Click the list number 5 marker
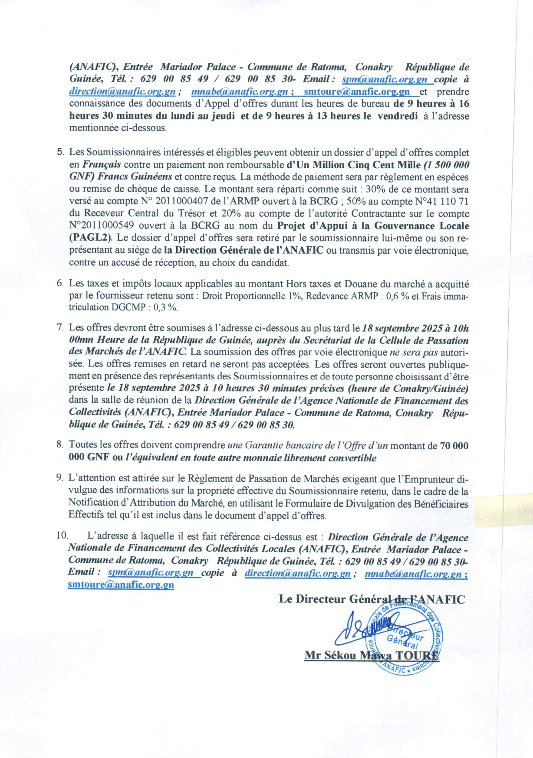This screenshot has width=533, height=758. coord(60,152)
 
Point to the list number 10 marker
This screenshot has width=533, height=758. coord(62,536)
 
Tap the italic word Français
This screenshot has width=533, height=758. coord(102,165)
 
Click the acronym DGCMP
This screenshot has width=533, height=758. coord(126,307)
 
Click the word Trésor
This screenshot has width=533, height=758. coord(191,213)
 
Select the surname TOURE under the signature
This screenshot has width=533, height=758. coord(417,655)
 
